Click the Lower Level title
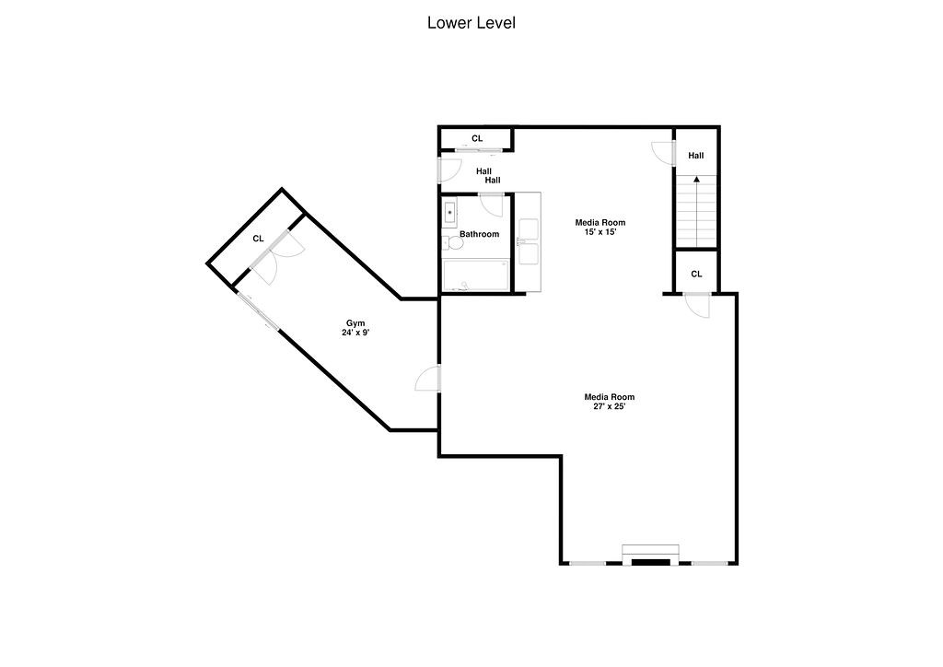[471, 23]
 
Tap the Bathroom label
[480, 234]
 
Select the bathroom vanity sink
[450, 213]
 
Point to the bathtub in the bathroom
[475, 275]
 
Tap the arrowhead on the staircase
[696, 180]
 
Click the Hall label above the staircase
[696, 156]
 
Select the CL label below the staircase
[696, 274]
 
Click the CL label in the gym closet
[259, 239]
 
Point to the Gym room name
[355, 322]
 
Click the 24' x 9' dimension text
[355, 333]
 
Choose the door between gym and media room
[428, 379]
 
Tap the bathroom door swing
[491, 205]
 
